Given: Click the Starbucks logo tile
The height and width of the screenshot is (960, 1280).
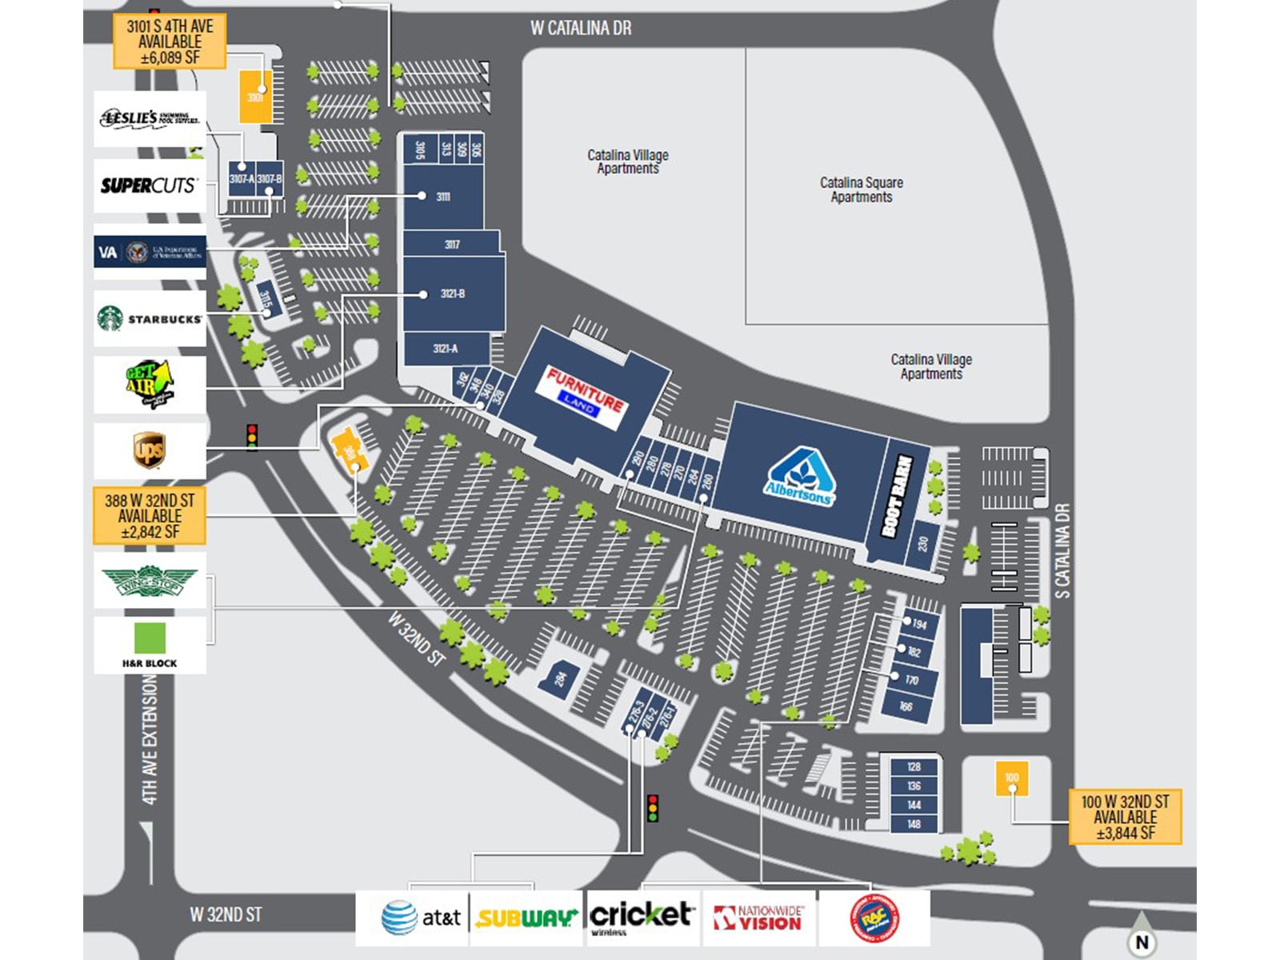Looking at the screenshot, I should [150, 318].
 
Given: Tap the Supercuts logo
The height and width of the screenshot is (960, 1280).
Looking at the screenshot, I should [149, 186].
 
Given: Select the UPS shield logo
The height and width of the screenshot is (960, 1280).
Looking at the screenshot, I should [150, 450].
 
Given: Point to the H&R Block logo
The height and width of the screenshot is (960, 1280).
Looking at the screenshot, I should [150, 645].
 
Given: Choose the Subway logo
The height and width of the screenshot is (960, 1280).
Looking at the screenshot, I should [526, 918].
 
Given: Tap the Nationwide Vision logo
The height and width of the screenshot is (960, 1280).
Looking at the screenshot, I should [758, 918].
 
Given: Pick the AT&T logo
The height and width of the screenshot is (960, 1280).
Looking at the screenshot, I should [413, 918].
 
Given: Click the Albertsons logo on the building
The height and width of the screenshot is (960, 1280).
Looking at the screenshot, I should [799, 478].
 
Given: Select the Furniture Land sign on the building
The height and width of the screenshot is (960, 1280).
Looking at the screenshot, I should [585, 394].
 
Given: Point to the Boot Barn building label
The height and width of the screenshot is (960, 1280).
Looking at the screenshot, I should [898, 496].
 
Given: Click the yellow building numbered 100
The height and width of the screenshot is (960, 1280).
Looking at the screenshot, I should [1011, 778].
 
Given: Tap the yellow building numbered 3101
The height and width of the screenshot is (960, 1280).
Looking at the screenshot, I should [255, 97].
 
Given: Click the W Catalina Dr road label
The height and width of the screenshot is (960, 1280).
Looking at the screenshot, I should [581, 28].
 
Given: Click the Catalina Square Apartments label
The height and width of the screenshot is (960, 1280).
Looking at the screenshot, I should [862, 190].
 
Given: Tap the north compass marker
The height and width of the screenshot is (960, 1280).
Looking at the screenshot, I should [1142, 942].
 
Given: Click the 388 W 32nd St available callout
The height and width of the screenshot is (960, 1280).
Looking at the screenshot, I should [150, 516].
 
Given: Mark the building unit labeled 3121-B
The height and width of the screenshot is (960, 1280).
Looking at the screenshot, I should [453, 294].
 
